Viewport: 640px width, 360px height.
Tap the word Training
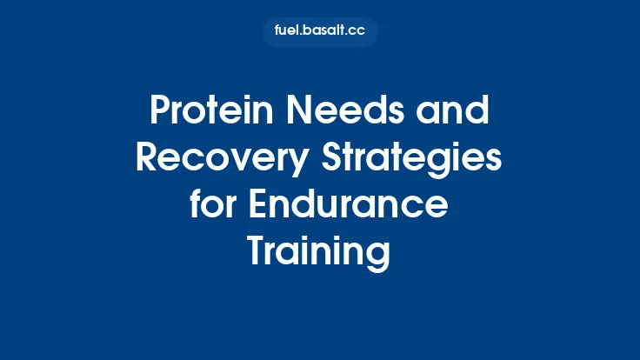[319, 252]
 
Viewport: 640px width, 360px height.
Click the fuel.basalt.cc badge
[320, 32]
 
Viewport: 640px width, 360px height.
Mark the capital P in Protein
[159, 112]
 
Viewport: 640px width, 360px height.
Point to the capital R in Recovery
[147, 159]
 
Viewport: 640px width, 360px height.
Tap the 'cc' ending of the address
[356, 32]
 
